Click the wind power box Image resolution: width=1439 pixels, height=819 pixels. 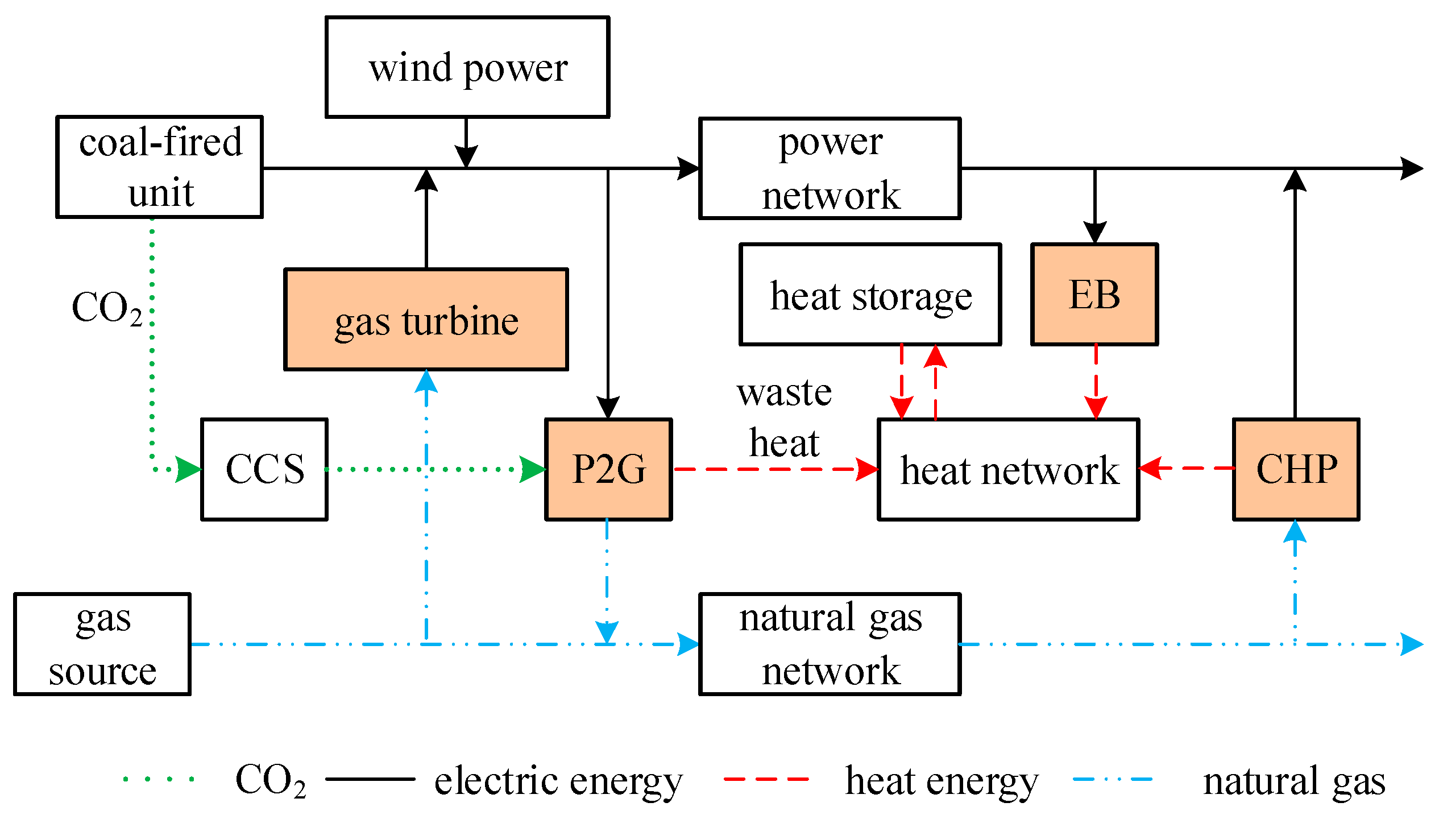tap(467, 67)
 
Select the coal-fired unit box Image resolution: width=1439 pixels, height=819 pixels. tap(159, 167)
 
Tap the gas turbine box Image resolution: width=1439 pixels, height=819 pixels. tap(426, 320)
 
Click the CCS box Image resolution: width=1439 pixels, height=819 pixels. tap(264, 469)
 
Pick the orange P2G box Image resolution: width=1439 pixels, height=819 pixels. tap(608, 469)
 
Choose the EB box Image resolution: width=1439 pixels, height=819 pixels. tap(1094, 295)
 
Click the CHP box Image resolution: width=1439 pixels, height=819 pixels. tap(1296, 469)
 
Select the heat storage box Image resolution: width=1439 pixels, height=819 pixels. tap(870, 295)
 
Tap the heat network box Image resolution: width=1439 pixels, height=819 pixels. tap(1008, 469)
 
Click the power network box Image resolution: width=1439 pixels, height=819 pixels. tap(830, 168)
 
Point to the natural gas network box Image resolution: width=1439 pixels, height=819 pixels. tap(830, 644)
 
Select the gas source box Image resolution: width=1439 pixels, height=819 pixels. tap(102, 644)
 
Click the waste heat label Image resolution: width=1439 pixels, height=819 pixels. tap(784, 418)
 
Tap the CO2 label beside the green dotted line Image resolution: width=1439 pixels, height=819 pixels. tap(106, 308)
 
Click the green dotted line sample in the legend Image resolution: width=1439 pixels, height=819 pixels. tap(159, 779)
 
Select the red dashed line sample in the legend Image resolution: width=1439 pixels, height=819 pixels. tap(766, 779)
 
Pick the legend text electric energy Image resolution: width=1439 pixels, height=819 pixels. tap(558, 780)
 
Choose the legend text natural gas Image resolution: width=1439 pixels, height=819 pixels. tap(1293, 780)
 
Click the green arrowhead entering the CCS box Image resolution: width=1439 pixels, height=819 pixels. tap(188, 469)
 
